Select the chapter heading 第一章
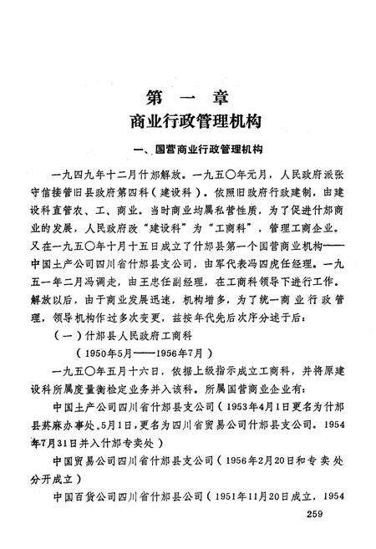[x=186, y=94]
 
